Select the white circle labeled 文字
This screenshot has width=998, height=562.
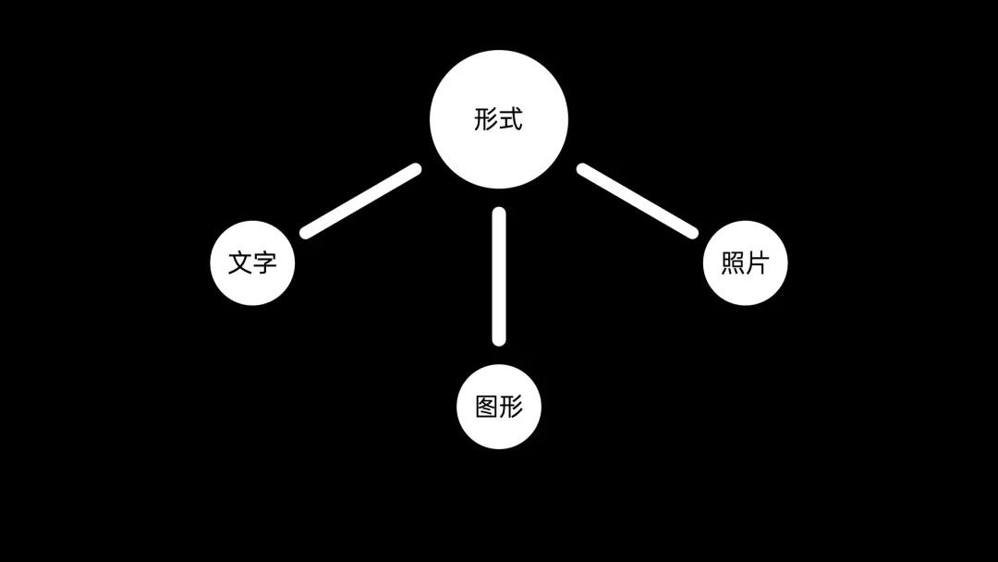coord(252,263)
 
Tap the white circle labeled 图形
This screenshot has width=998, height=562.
coord(499,407)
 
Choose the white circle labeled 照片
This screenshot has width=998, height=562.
coord(745,263)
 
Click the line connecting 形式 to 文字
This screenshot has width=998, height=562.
coord(360,201)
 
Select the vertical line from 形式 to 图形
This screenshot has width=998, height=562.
coord(499,276)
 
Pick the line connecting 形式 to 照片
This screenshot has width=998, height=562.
coord(637,201)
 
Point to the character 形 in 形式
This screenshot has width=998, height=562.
coord(486,119)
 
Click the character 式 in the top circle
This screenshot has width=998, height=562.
coord(511,119)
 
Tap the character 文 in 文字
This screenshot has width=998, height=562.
coord(240,263)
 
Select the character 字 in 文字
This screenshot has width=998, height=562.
coord(264,263)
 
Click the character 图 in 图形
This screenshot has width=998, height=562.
coord(487,407)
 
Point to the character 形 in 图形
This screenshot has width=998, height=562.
coord(511,407)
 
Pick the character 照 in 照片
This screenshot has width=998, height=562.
coord(733,263)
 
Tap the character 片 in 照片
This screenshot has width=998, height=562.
coord(757,263)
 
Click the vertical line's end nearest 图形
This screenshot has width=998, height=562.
coord(499,339)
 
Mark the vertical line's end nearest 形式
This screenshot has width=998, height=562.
coord(499,214)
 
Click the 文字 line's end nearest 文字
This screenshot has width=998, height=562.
coord(307,232)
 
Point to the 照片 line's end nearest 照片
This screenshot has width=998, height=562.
coord(691,232)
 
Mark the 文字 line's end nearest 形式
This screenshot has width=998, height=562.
coord(415,169)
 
